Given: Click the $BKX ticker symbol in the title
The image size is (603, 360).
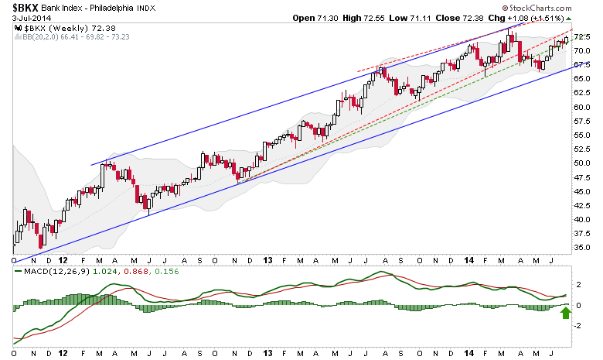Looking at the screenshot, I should pyautogui.click(x=22, y=8).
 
